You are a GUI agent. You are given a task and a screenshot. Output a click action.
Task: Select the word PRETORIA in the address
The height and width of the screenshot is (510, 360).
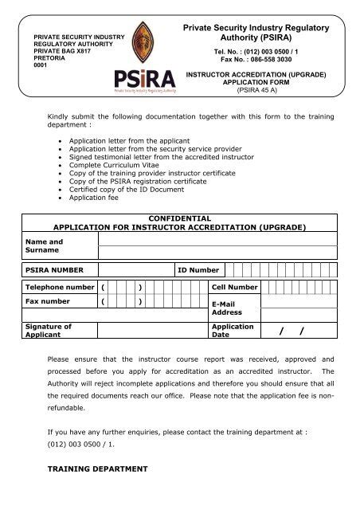[49, 58]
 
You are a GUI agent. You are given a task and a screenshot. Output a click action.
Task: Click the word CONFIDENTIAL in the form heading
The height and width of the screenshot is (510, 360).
[179, 218]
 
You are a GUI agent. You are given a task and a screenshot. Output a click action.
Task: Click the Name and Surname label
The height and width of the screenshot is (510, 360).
[45, 245]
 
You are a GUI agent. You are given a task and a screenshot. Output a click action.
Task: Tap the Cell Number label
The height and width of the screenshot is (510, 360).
[234, 286]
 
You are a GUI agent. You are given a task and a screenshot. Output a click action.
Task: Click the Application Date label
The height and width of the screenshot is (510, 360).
[233, 331]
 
